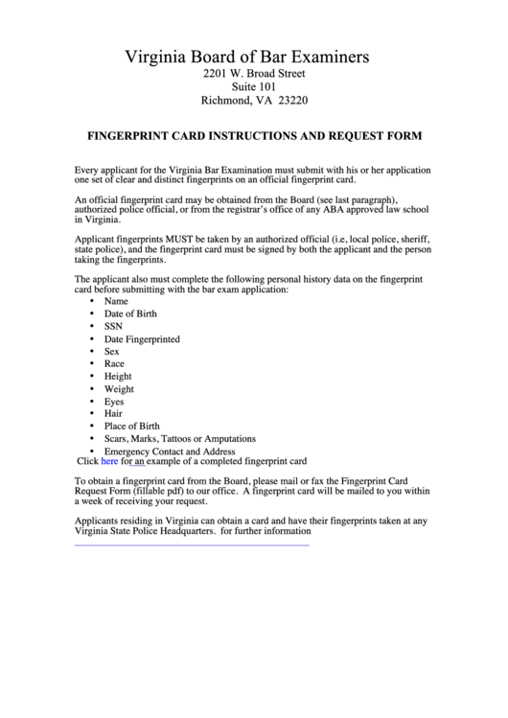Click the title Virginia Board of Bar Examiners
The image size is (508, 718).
pos(254,58)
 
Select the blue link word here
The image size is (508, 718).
pos(109,460)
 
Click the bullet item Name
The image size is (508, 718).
pos(116,301)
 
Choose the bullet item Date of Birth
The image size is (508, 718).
pos(130,313)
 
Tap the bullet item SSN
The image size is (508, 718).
pos(113,326)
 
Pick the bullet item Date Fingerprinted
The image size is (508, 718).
pos(142,339)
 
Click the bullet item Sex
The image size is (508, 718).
pos(112,352)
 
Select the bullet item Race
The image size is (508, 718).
pos(114,364)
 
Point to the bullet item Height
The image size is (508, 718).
pos(118,377)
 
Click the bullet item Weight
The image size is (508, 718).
pos(119,389)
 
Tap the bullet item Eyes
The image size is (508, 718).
pos(114,402)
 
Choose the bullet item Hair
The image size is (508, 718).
pos(113,414)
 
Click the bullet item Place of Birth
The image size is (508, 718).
pos(131,427)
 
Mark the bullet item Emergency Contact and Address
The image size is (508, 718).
pos(170,451)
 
